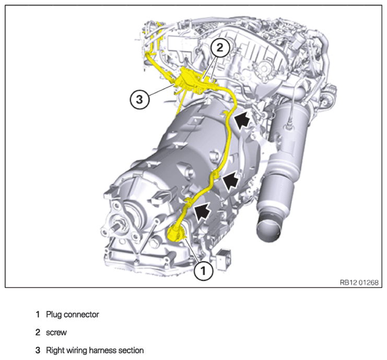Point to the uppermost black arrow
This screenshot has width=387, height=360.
[242, 121]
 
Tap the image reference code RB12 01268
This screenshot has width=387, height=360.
[359, 282]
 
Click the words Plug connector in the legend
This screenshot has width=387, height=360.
[72, 315]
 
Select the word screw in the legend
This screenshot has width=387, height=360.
[56, 332]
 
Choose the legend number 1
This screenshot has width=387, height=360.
[38, 315]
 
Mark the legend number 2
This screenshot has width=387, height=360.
[38, 332]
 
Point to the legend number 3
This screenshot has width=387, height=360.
[38, 350]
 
